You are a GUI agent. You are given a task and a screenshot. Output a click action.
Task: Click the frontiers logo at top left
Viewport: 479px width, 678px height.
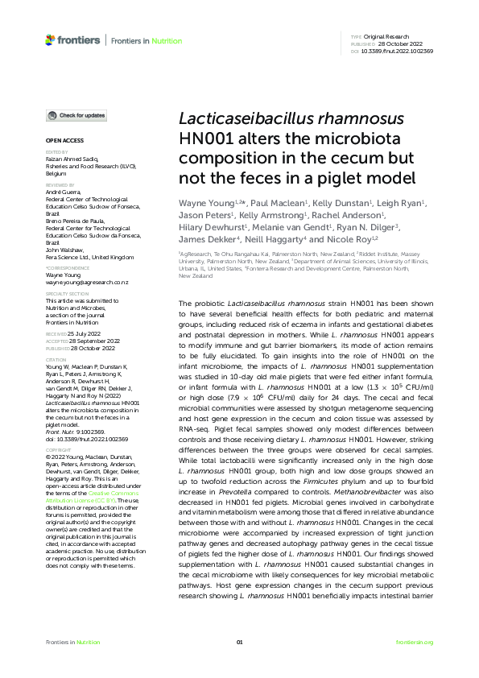pos(72,39)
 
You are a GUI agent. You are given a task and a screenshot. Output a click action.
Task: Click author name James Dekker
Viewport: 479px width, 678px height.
pos(208,239)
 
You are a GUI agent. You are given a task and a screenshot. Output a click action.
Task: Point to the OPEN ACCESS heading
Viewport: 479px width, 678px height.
pos(61,140)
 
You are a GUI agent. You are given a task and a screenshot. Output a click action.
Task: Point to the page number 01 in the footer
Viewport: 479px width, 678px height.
pos(239,642)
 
